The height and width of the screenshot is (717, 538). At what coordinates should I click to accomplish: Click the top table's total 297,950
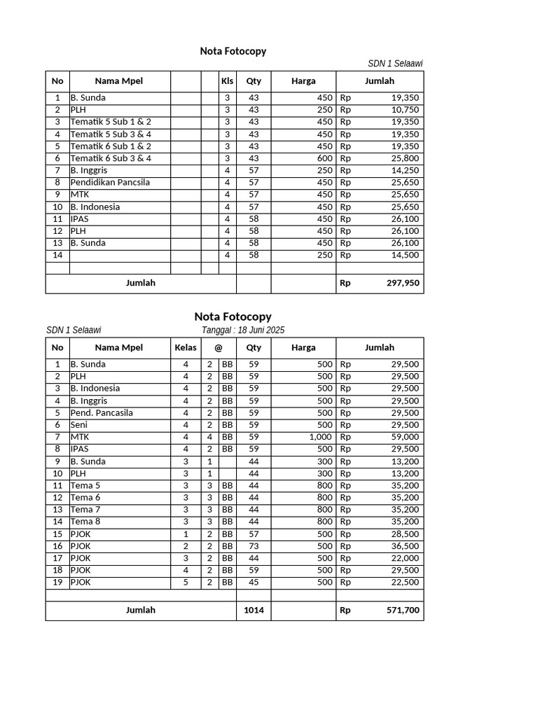(x=403, y=284)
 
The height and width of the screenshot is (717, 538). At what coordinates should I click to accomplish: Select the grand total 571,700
(x=403, y=611)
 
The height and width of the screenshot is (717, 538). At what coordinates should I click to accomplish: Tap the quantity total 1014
(x=254, y=611)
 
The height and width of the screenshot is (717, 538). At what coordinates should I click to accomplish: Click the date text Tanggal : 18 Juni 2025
(x=243, y=330)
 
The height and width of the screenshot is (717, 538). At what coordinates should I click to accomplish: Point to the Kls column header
(x=227, y=81)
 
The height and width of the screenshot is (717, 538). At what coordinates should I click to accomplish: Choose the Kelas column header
(x=186, y=347)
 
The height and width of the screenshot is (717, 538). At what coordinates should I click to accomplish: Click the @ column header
(x=219, y=347)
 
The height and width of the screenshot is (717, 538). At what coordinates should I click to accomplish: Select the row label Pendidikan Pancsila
(x=110, y=183)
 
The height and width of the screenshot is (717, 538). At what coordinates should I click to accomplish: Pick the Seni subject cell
(x=78, y=425)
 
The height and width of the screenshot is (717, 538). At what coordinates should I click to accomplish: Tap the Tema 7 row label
(x=85, y=510)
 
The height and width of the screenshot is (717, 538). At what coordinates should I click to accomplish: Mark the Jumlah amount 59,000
(x=406, y=437)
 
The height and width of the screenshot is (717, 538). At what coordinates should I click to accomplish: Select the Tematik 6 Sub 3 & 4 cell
(x=111, y=158)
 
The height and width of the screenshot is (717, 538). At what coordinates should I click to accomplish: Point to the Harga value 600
(x=324, y=158)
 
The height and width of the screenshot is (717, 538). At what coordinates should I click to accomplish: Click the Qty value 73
(x=254, y=546)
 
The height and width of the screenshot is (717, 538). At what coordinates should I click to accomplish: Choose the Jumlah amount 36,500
(x=406, y=546)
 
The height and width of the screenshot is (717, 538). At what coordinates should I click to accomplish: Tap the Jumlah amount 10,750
(x=406, y=110)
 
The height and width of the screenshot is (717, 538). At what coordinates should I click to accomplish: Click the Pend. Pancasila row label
(x=102, y=413)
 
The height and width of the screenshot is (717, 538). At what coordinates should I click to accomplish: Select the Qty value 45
(x=254, y=583)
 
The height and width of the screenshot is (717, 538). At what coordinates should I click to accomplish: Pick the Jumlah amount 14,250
(x=406, y=170)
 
